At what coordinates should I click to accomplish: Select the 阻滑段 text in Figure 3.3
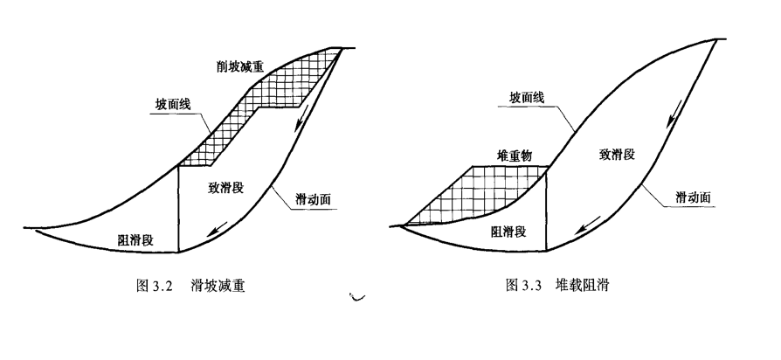[x=508, y=231]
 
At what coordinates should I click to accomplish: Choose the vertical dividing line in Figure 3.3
[x=548, y=210]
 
